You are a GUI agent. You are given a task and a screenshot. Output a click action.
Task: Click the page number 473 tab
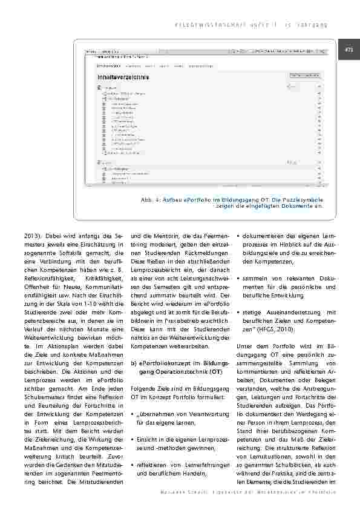[349, 50]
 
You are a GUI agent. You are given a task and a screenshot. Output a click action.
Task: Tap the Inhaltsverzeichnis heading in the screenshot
[124, 78]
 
